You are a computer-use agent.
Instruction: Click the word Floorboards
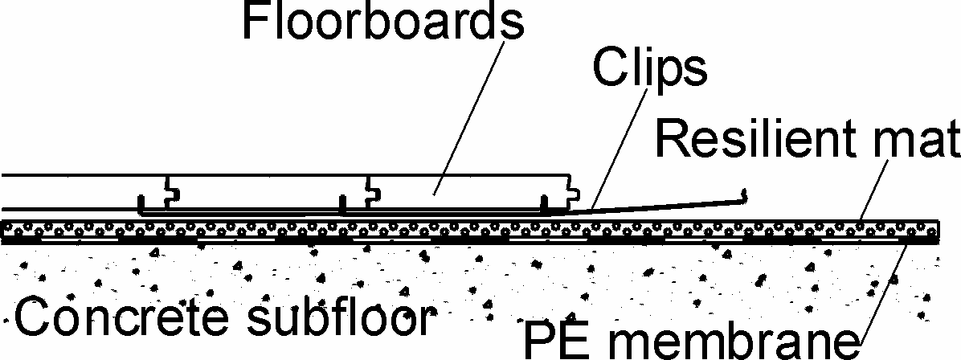point(383,22)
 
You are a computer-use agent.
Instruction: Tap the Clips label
point(650,71)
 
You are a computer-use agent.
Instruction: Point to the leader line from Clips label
point(619,149)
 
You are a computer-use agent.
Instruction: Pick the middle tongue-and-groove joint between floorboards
point(372,192)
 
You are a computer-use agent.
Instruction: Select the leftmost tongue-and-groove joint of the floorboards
point(172,192)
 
